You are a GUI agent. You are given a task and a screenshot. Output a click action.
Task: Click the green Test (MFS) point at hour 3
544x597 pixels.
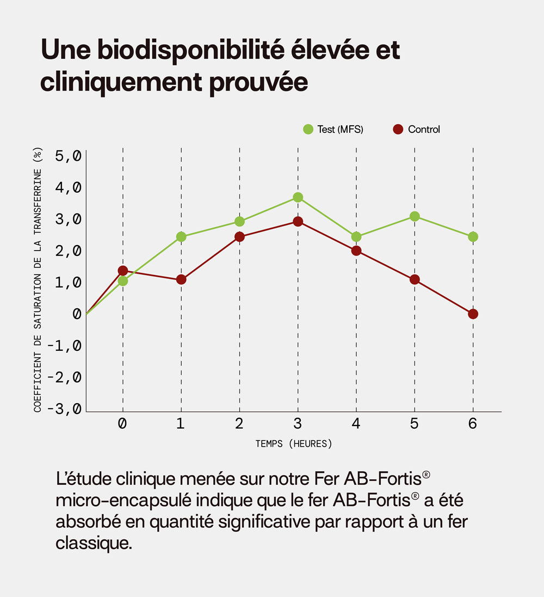298,197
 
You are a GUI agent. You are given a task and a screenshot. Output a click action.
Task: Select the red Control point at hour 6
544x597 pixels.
473,314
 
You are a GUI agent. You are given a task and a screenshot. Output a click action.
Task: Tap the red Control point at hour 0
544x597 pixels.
123,271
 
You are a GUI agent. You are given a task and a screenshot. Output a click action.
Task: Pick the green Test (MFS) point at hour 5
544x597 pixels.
415,216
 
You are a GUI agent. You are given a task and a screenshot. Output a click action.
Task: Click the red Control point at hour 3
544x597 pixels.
298,222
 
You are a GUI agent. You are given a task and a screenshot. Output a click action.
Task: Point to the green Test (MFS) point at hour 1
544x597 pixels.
181,236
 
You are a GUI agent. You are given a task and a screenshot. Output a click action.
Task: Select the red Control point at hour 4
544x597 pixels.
356,251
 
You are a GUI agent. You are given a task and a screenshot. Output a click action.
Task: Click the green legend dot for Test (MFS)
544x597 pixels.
308,129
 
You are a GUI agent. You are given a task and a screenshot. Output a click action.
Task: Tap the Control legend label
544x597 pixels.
424,129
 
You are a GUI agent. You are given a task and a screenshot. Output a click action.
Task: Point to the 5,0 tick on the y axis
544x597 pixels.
68,156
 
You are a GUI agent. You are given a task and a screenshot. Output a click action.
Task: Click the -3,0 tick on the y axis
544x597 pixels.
65,409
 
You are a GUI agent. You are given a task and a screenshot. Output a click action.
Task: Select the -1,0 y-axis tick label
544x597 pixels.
65,346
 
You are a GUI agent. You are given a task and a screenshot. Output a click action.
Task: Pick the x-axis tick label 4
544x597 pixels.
356,424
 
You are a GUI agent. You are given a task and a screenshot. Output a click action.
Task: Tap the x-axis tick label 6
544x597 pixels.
472,424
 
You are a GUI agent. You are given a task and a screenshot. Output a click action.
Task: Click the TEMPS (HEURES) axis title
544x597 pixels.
294,444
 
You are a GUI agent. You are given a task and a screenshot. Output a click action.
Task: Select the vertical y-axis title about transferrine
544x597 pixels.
38,280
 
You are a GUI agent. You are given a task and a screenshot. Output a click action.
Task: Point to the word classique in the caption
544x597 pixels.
93,543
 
